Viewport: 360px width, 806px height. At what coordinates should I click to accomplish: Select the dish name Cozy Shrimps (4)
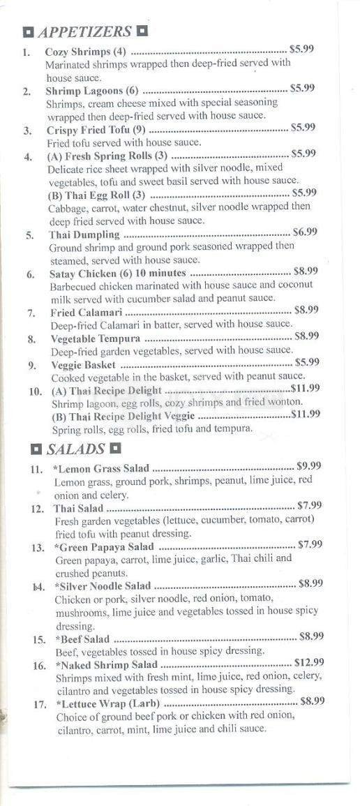[87, 52]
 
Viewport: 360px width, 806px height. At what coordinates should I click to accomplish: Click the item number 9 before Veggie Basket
[33, 365]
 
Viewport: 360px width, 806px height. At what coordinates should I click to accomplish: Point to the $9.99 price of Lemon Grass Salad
[308, 465]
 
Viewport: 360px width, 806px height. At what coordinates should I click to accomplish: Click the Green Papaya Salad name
[105, 547]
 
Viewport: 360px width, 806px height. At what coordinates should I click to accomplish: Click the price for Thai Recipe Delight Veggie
[305, 415]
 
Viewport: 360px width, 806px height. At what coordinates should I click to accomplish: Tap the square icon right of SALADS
[116, 449]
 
